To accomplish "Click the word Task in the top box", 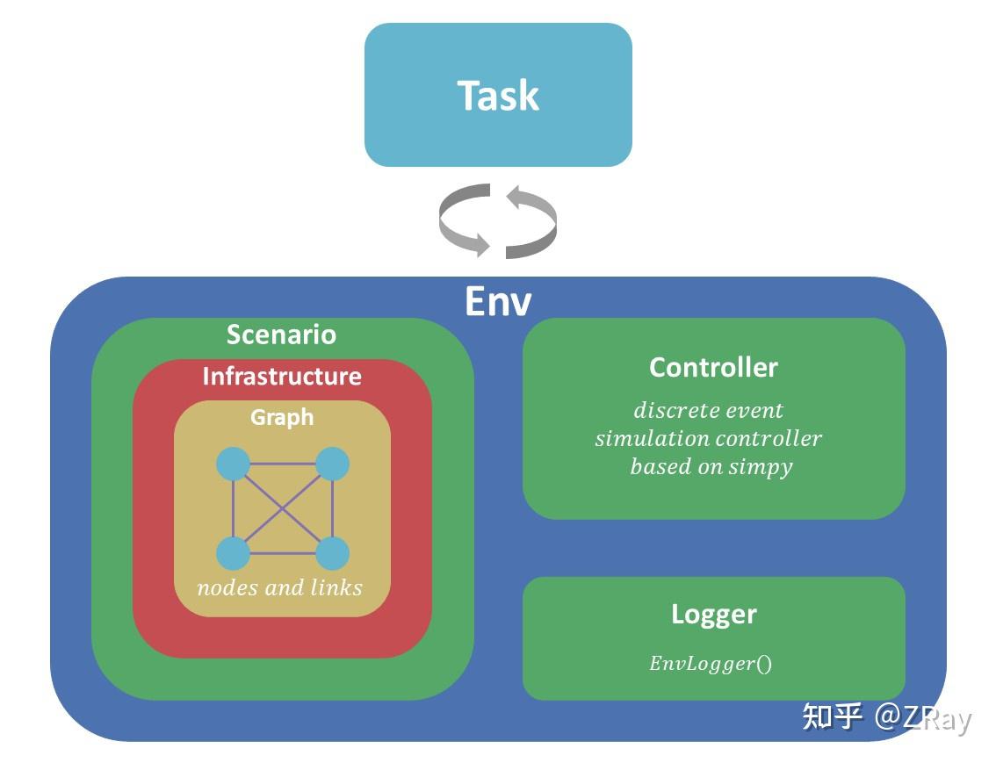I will click(x=498, y=95).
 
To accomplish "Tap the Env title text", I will click(x=498, y=301).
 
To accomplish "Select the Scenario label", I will click(x=281, y=335).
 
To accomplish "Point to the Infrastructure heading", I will click(x=282, y=376).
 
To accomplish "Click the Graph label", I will click(x=282, y=417).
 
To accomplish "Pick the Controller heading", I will click(x=713, y=367).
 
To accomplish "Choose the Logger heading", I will click(x=713, y=614).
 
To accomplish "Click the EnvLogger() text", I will click(x=711, y=664).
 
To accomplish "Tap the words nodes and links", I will click(x=280, y=587).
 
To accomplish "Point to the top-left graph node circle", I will click(x=234, y=464).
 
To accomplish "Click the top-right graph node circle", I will click(x=333, y=464).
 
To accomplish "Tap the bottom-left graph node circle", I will click(x=234, y=554).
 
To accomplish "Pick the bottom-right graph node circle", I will click(x=333, y=554).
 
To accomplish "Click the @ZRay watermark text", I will click(x=923, y=718).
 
